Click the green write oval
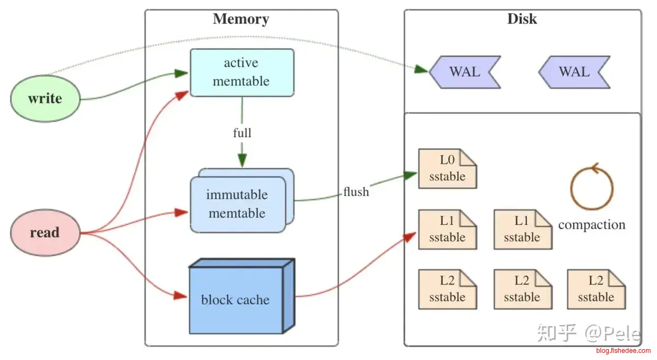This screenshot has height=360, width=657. [45, 99]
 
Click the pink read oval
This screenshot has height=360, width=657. [45, 233]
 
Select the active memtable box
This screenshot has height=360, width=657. [241, 72]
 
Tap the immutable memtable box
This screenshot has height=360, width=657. [237, 204]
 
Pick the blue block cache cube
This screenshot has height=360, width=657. [235, 299]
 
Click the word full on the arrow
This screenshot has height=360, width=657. [242, 133]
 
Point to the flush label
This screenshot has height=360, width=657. [356, 192]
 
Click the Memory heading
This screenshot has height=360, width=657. [241, 19]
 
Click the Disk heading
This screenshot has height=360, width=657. [522, 19]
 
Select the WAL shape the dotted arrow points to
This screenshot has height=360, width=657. [465, 72]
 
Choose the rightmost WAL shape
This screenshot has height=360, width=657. [574, 72]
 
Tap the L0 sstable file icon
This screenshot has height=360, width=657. [447, 169]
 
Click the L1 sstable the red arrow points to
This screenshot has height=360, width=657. [447, 229]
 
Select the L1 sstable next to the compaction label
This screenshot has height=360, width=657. [522, 229]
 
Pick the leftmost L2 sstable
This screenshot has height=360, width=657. [447, 289]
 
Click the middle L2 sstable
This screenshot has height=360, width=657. [522, 289]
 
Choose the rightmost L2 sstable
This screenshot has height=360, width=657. [596, 289]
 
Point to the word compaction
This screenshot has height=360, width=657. [591, 225]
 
